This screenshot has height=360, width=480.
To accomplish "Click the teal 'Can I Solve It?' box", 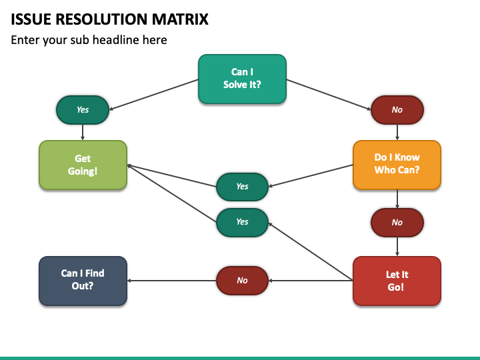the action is click(x=242, y=79).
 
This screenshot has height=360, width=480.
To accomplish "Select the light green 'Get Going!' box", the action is click(x=83, y=165).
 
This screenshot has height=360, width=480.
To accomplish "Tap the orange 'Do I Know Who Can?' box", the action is click(x=397, y=165).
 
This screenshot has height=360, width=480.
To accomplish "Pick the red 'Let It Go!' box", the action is click(x=397, y=281).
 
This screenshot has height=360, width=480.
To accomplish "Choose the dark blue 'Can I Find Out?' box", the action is click(x=83, y=281).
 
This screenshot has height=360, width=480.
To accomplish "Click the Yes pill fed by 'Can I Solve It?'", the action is click(x=83, y=110).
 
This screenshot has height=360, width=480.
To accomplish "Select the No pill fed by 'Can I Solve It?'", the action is click(x=397, y=110).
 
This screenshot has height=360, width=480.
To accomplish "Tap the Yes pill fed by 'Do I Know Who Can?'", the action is click(x=242, y=187).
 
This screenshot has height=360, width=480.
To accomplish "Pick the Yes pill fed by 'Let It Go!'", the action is click(x=242, y=223).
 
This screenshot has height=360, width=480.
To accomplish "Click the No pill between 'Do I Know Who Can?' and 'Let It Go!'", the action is click(x=397, y=223).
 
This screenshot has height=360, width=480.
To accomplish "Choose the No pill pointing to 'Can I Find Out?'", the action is click(x=242, y=281).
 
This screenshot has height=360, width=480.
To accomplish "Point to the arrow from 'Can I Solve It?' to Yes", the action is click(x=154, y=95).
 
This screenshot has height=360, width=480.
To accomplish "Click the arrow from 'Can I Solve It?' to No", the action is click(x=329, y=95).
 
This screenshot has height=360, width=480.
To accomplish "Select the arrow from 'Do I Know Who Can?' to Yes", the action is click(x=311, y=176).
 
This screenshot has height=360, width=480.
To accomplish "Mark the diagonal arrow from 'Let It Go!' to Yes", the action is click(x=311, y=251).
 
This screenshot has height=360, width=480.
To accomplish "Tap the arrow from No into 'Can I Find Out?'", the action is click(x=172, y=281).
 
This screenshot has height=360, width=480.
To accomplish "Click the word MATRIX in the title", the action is click(x=180, y=19).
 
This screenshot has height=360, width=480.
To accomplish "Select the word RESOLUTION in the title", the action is click(x=101, y=19).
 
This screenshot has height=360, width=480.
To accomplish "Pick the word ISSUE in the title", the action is click(x=31, y=19).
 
